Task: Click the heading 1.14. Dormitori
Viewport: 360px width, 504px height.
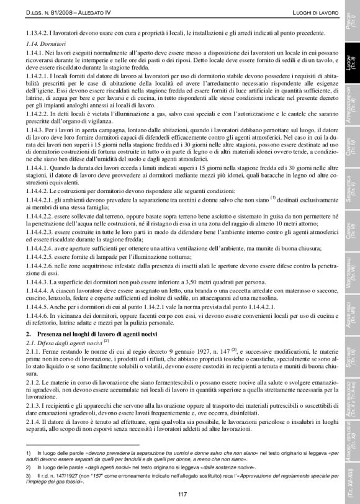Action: click(39, 44)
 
